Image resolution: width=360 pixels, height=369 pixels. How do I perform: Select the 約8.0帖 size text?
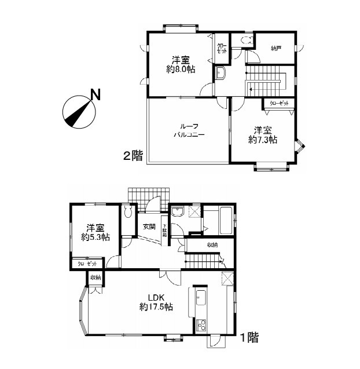[180, 69]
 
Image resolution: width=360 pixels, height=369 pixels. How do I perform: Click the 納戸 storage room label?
[276, 49]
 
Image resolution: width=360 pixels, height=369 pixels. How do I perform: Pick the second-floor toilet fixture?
[245, 40]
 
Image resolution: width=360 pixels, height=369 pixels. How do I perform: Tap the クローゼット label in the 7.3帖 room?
[278, 104]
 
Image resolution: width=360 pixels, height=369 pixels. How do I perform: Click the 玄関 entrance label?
[149, 226]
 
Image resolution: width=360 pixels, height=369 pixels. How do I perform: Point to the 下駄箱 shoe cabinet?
[165, 231]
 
